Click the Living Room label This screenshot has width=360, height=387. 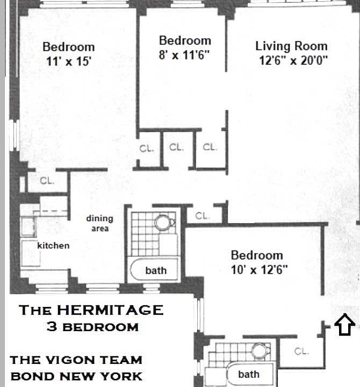click(291, 46)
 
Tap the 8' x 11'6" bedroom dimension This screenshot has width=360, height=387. click(184, 55)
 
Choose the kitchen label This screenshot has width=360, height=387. click(53, 246)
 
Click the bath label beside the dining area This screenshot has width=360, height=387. click(156, 270)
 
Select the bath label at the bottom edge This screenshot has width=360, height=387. click(248, 374)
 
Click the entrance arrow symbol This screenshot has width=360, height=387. click(344, 325)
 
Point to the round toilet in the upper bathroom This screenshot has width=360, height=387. click(162, 222)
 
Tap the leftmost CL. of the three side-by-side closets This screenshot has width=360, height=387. click(147, 148)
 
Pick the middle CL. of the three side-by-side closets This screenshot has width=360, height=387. click(176, 147)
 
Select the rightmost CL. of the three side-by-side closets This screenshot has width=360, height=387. click(210, 147)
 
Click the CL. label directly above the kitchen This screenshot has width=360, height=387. click(47, 181)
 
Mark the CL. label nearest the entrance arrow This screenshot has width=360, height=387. click(301, 352)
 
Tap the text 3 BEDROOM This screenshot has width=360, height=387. click(92, 326)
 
